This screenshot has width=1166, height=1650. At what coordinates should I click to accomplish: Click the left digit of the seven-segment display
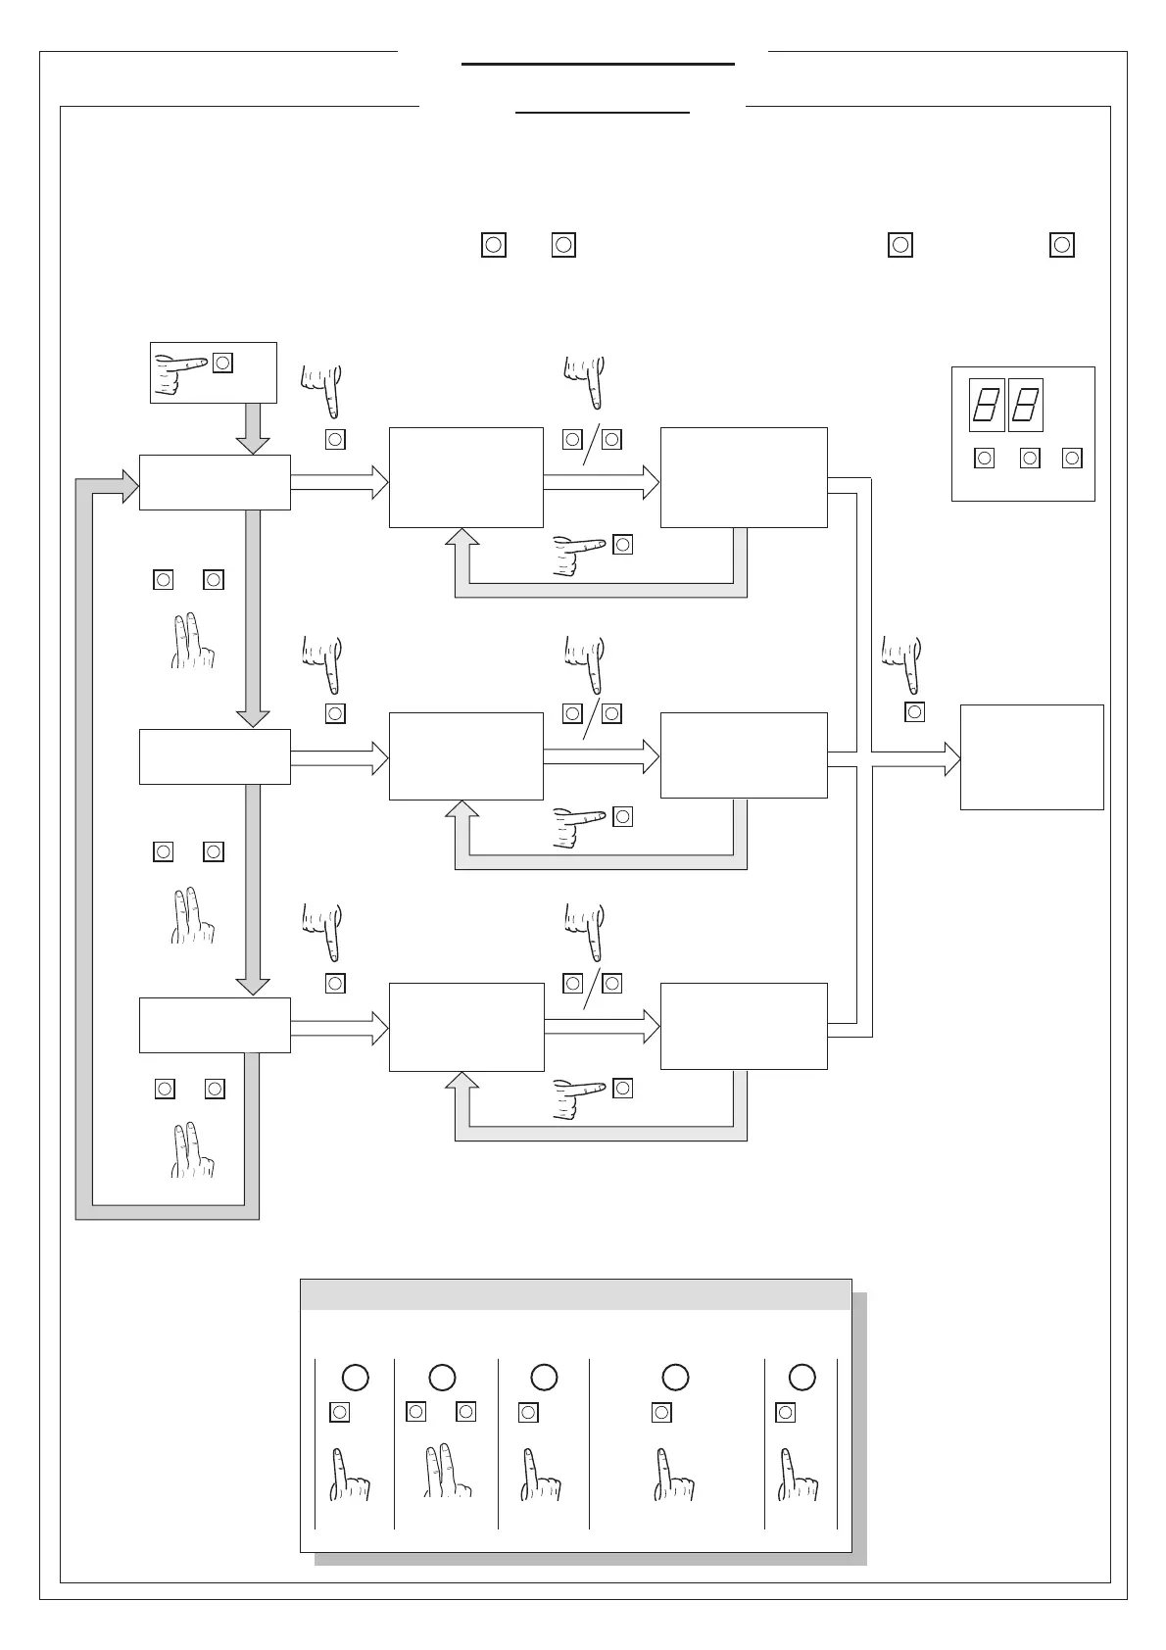pos(986,405)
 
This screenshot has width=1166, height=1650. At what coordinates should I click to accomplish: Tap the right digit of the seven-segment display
pos(1025,405)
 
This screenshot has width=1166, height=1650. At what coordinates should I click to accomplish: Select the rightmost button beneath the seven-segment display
pos(1073,458)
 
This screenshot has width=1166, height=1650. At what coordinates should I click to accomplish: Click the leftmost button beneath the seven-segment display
pos(985,458)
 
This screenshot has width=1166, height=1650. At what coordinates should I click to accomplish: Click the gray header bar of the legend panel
pos(575,1294)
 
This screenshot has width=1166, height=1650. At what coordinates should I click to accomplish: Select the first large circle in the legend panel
pos(355,1377)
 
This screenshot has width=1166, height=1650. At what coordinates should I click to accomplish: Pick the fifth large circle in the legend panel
pos(802,1377)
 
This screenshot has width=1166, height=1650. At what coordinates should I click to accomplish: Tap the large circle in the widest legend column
pos(675,1377)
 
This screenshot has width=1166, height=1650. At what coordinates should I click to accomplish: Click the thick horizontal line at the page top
pos(598,64)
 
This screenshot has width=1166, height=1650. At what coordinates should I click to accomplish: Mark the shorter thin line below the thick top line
pos(603,113)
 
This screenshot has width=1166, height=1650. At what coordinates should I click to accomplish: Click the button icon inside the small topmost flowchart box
pos(223,363)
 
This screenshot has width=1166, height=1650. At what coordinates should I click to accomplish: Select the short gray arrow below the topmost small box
pos(253,428)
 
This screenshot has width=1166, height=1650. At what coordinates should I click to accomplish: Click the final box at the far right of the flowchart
pos(1032,756)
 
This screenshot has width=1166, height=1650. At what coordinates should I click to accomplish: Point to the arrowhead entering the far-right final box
pos(951,758)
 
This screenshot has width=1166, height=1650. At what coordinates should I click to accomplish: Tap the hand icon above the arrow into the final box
pos(902,661)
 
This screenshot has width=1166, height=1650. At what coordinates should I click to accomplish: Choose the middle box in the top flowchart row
pos(465,477)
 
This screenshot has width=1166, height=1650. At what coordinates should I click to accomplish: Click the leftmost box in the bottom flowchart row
pos(215,1025)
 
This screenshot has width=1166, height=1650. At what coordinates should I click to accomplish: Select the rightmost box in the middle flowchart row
pos(744,755)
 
